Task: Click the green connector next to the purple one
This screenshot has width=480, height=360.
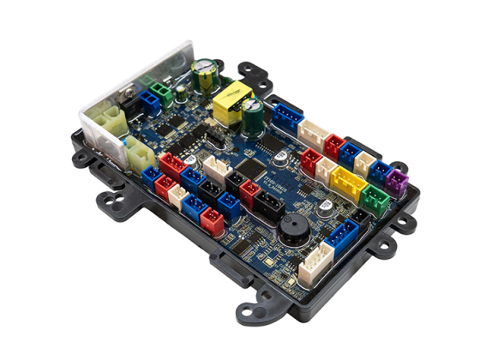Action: click(x=375, y=198)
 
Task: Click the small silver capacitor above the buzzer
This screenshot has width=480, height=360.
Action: click(x=323, y=207)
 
